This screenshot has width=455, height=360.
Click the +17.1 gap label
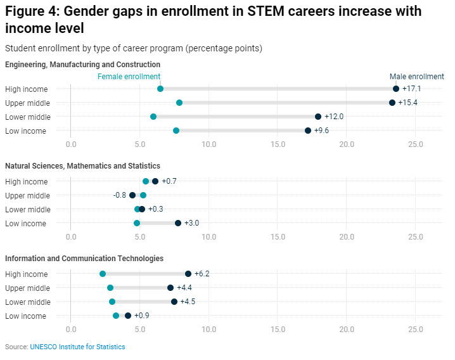[411, 89]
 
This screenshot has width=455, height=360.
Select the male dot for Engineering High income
[396, 89]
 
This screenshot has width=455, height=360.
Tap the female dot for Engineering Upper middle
[179, 103]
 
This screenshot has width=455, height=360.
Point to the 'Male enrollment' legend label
[416, 77]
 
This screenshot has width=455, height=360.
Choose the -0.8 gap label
[120, 195]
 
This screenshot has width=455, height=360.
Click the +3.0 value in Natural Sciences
[191, 223]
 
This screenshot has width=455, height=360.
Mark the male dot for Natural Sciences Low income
[178, 223]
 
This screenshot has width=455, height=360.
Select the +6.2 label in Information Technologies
[202, 274]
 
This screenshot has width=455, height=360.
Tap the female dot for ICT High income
[103, 274]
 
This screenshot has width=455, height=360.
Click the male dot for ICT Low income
[128, 316]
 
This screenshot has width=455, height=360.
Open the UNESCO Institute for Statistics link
[77, 347]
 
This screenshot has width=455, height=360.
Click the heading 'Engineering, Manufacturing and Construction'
[82, 65]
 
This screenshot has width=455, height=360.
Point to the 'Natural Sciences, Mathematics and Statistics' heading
[82, 166]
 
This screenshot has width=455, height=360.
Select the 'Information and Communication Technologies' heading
[84, 259]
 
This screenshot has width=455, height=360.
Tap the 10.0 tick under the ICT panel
[208, 330]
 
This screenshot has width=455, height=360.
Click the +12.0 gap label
[334, 117]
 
